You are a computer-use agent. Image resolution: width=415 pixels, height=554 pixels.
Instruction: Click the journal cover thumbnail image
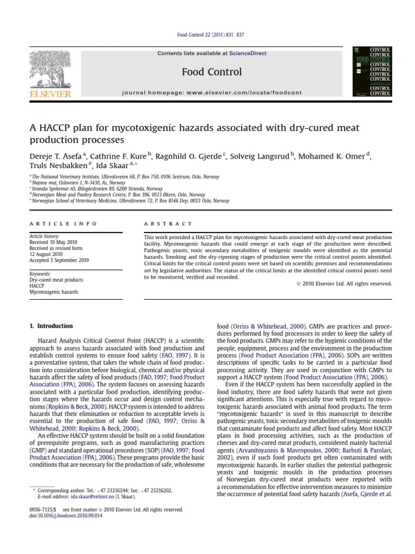[x=372, y=71]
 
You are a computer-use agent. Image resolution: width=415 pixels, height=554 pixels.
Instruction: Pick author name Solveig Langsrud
[x=260, y=157]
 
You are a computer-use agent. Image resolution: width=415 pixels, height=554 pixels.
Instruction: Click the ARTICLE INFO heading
[x=63, y=223]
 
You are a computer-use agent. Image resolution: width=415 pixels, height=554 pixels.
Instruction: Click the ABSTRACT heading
[x=168, y=223]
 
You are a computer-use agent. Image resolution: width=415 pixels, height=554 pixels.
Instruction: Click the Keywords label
[x=40, y=274]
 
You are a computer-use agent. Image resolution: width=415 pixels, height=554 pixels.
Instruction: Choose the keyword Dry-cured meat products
[x=56, y=280]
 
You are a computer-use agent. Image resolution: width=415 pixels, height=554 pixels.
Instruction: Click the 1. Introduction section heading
[x=50, y=326]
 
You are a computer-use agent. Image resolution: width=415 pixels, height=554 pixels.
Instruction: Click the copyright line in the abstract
[x=344, y=283]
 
